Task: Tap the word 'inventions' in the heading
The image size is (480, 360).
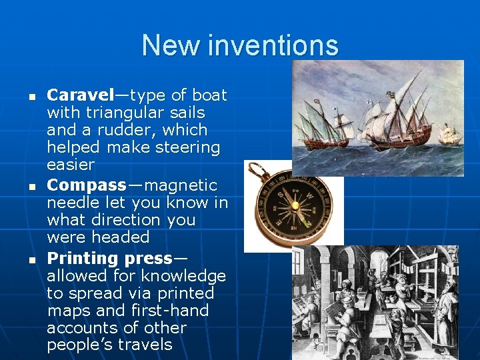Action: (x=273, y=45)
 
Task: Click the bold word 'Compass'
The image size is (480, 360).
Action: (x=86, y=185)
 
